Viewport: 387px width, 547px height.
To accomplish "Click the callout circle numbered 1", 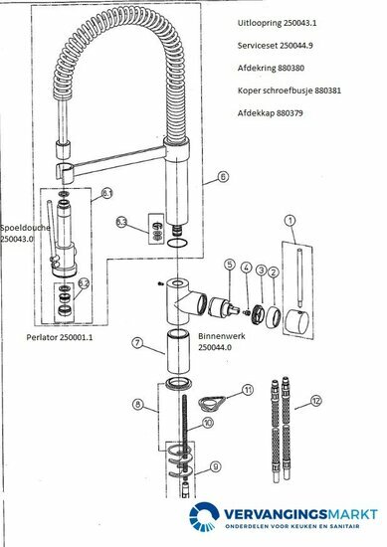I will coord(290,221).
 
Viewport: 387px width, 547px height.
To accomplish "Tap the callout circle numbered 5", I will coord(229,266).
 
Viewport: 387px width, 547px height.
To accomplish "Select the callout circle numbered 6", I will coord(222,177).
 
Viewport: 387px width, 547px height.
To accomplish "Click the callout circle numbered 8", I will coord(138,405).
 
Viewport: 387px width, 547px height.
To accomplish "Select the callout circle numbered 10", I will coord(207,423).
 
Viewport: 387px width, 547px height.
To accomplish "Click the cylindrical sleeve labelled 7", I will coord(178,350).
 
